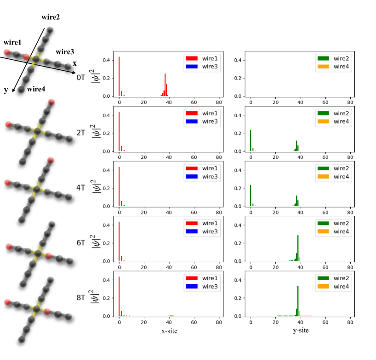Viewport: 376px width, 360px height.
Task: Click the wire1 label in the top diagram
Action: click(x=12, y=42)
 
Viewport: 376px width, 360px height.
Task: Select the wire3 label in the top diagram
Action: click(x=66, y=52)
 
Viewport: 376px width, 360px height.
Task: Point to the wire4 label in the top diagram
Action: click(x=36, y=89)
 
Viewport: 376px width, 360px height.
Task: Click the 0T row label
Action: click(x=81, y=78)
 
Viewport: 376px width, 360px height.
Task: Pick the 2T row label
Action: click(x=81, y=133)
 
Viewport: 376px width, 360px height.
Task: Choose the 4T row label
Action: click(x=81, y=187)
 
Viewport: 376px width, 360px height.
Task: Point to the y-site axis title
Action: click(x=301, y=331)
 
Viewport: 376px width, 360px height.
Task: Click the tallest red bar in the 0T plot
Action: click(x=119, y=77)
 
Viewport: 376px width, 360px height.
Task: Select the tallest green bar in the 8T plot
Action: click(x=298, y=301)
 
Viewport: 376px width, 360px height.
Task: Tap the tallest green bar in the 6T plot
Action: click(x=298, y=248)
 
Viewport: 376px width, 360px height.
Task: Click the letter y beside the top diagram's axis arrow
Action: click(x=6, y=90)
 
